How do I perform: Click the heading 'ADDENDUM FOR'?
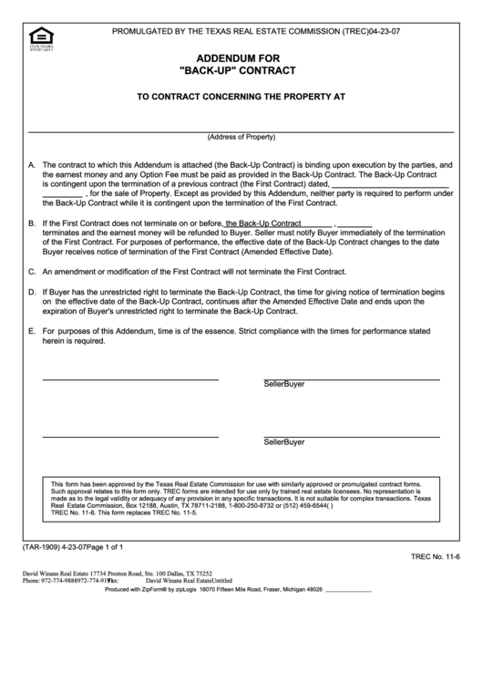click(241, 56)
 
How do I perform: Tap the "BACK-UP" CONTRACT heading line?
click(241, 69)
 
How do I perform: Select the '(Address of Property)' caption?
click(241, 137)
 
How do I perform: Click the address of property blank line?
click(241, 129)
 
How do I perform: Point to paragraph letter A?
click(33, 165)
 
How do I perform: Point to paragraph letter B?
click(33, 222)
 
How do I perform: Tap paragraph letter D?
click(33, 291)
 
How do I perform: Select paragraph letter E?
click(33, 330)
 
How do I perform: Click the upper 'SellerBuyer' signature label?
click(284, 384)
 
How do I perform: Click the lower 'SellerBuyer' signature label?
click(284, 441)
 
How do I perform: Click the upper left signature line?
click(130, 378)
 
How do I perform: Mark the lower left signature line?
click(130, 436)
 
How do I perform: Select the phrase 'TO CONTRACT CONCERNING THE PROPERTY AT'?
click(241, 96)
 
